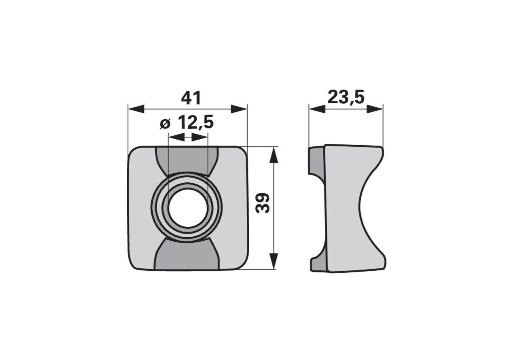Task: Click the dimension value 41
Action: point(191,98)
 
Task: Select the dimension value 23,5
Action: point(346,97)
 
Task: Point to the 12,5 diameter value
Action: point(196,122)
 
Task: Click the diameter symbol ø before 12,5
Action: point(165,124)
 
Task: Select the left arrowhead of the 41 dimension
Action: point(136,109)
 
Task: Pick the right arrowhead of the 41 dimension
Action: point(239,109)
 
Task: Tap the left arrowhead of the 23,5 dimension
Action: point(317,109)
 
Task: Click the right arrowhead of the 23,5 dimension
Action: point(375,109)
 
